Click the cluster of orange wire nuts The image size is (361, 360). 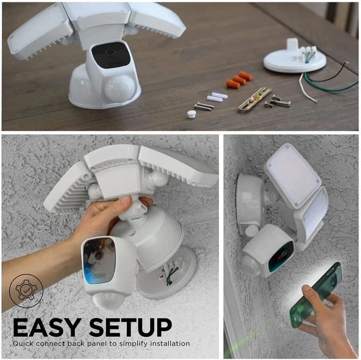[238, 79]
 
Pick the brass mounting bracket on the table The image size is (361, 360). [254, 98]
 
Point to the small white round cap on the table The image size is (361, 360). [191, 113]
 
